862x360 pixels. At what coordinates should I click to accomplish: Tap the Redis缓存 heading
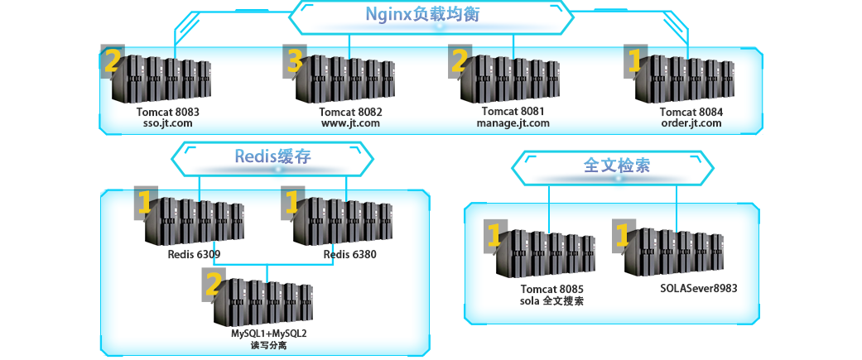(272, 156)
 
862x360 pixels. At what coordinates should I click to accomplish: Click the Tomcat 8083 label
(168, 112)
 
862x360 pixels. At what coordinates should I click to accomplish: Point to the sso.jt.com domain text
(168, 123)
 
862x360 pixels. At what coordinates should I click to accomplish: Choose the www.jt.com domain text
(351, 123)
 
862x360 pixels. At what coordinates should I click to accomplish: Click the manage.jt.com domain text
(513, 123)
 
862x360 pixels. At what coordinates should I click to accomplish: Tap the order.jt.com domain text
(691, 123)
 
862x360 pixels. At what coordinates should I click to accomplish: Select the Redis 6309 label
(194, 254)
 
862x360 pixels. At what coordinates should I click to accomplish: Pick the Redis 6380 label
(349, 254)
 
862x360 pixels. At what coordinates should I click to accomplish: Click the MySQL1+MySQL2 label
(269, 334)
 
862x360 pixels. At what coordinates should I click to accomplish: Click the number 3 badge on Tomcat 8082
(296, 60)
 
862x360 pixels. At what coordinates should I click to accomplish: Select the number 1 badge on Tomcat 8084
(635, 60)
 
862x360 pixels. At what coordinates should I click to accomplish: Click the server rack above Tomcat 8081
(513, 79)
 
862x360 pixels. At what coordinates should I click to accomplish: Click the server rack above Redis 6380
(348, 220)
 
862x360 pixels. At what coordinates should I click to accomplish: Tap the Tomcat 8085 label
(552, 290)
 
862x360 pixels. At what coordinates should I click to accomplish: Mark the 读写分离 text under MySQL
(269, 345)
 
